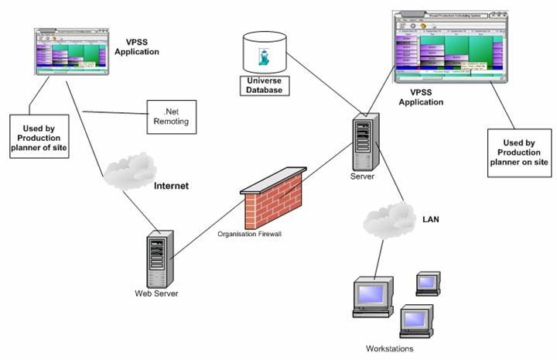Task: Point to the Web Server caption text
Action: pyautogui.click(x=155, y=293)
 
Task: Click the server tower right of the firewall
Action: pyautogui.click(x=364, y=144)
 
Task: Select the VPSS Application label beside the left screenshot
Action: pyautogui.click(x=138, y=46)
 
